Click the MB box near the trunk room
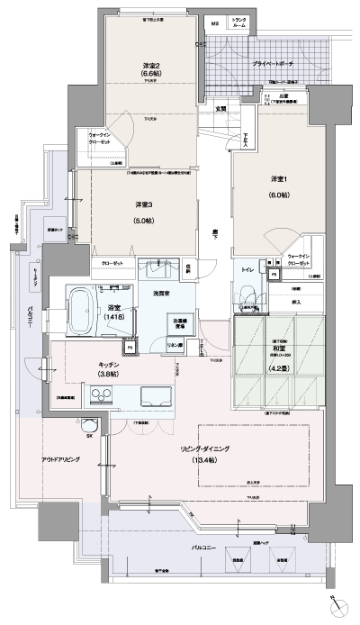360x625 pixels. (213, 23)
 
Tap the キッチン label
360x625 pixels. (111, 366)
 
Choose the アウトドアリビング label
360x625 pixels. (60, 459)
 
